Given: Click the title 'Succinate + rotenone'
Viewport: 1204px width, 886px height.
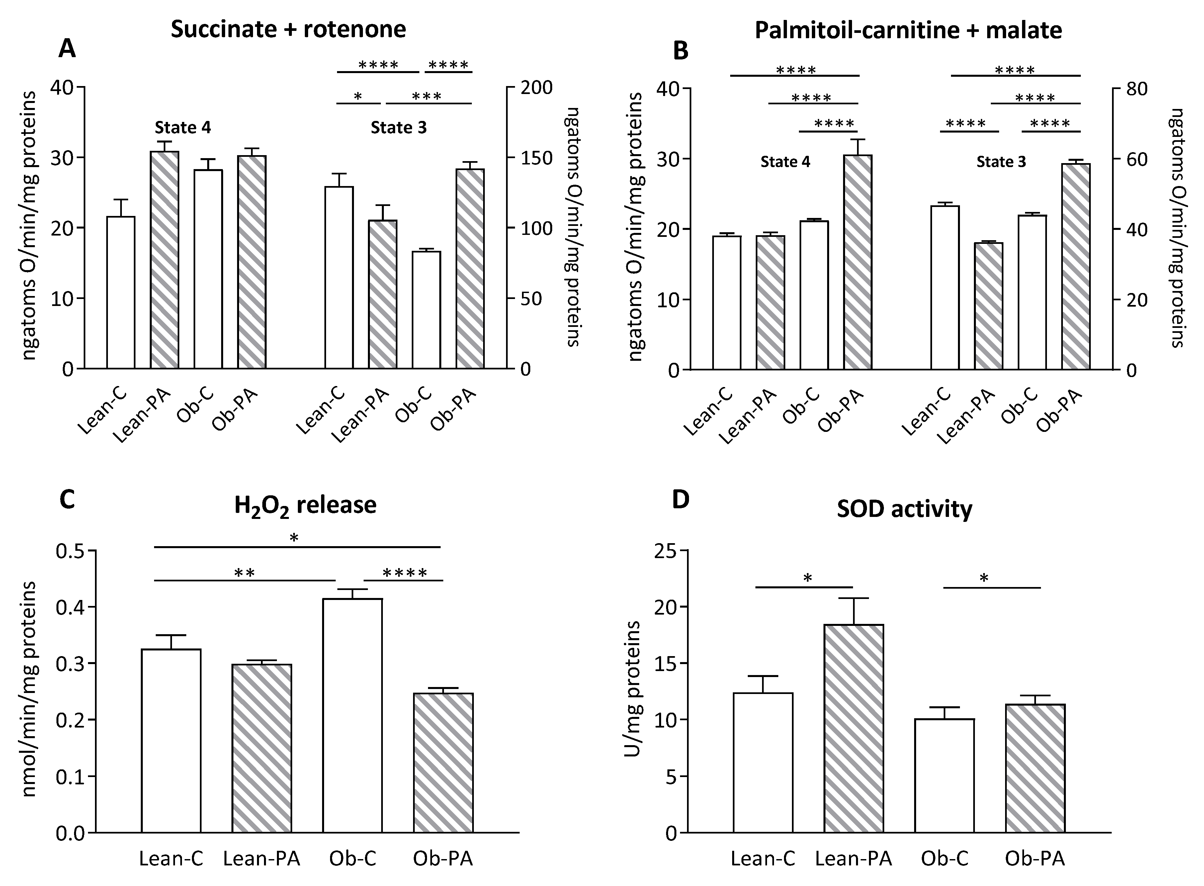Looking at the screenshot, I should tap(289, 29).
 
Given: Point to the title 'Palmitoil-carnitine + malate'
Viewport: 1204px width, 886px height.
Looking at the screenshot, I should tap(908, 30).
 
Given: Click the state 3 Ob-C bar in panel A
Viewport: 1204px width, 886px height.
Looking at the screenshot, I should tap(426, 310).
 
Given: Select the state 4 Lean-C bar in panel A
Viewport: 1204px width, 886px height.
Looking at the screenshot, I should tap(121, 292).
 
